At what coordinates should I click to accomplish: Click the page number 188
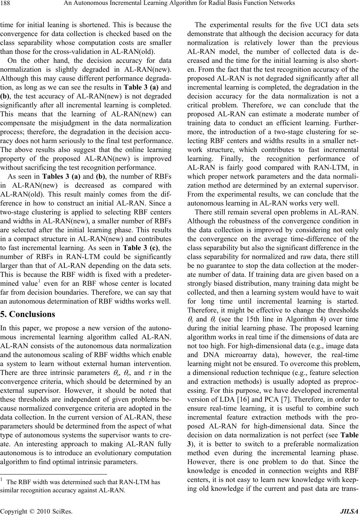7,4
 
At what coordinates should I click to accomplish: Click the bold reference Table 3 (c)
155,248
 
